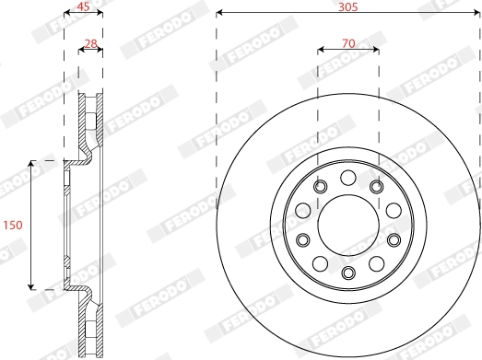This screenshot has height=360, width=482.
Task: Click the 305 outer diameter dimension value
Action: click(347, 6)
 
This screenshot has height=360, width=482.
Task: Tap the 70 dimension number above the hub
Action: click(347, 41)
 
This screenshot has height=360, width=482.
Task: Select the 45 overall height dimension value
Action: click(82, 6)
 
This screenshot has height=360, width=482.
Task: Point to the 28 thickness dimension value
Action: click(90, 41)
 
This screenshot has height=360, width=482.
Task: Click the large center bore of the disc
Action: click(347, 225)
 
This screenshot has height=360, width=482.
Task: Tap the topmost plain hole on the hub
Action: click(347, 178)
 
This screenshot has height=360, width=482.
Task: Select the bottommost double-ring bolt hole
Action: click(347, 272)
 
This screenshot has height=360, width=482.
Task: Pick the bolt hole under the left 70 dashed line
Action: click(319, 188)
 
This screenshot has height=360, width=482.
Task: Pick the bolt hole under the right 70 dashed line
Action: click(377, 188)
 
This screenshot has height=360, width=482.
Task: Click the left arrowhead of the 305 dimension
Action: click(219, 14)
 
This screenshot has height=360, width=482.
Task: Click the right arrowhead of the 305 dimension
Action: click(476, 14)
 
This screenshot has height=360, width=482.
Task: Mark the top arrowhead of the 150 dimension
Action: click(32, 163)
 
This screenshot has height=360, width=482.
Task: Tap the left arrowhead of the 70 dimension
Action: click(321, 50)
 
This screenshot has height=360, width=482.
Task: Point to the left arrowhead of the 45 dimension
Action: click(65, 14)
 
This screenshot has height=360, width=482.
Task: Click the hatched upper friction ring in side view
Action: click(90, 120)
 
